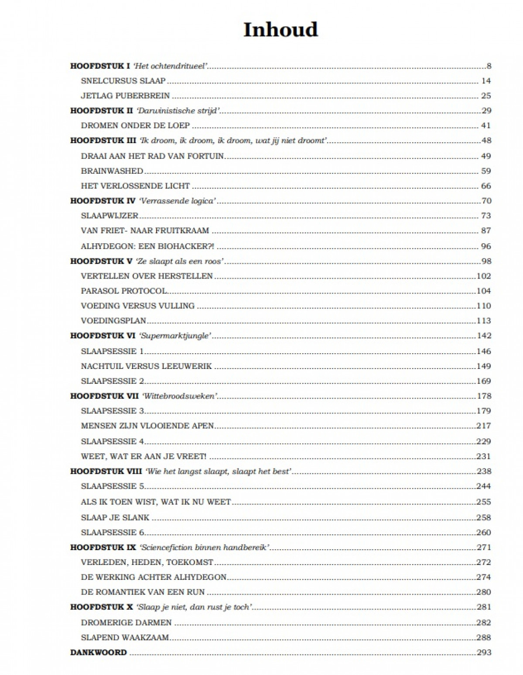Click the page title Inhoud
(280, 30)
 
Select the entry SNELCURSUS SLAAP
(123, 81)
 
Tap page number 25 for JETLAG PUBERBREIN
(485, 96)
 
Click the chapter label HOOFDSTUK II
(101, 110)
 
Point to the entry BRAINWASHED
(112, 171)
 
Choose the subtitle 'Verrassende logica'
(178, 201)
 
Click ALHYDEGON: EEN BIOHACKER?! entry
(147, 246)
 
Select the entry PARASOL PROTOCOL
(124, 291)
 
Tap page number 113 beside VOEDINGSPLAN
(484, 320)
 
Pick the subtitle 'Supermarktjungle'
(175, 336)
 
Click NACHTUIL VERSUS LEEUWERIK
(146, 366)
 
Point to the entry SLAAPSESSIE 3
(113, 411)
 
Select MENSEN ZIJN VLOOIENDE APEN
(147, 426)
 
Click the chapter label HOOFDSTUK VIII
(106, 472)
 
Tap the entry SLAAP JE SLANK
(115, 517)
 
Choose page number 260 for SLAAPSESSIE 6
(484, 532)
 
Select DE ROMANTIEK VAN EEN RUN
(143, 592)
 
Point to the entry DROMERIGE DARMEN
(126, 623)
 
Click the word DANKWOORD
(99, 653)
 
